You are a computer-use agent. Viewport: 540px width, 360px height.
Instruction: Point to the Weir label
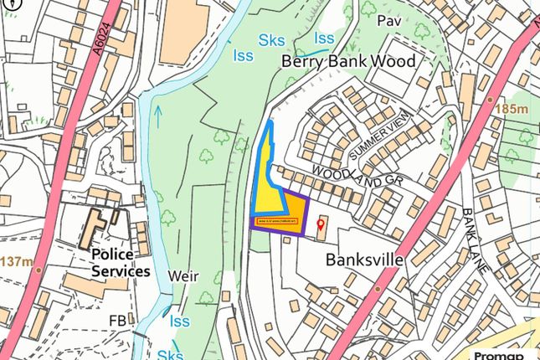[x=181, y=275]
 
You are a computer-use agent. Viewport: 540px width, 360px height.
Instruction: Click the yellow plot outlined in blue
[x=267, y=180]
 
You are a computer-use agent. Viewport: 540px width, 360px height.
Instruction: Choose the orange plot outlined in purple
[x=293, y=213]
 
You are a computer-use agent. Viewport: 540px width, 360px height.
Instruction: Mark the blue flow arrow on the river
[x=157, y=116]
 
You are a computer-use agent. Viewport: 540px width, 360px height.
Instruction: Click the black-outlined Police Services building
[x=99, y=229]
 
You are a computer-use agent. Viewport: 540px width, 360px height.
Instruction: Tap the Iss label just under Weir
[x=179, y=321]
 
